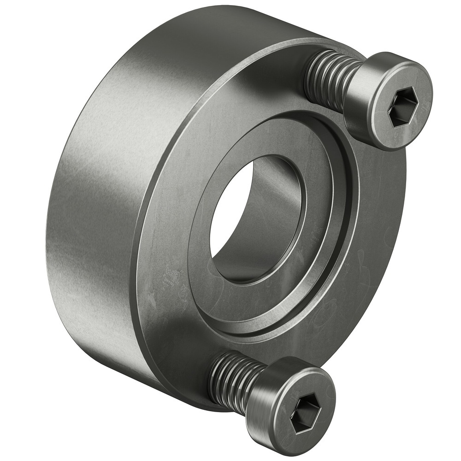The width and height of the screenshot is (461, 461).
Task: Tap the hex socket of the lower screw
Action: (x=306, y=412)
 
